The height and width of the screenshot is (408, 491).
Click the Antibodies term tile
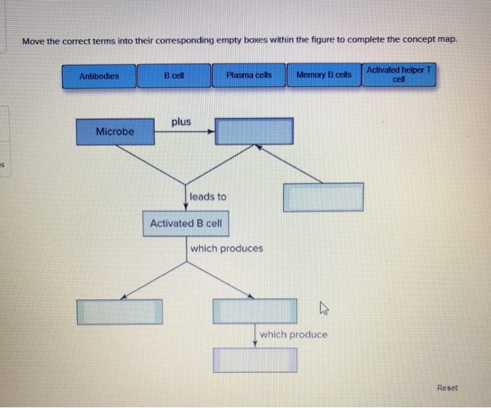tap(99, 76)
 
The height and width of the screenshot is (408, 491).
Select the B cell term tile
tap(174, 76)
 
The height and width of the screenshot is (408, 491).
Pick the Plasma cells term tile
tap(249, 76)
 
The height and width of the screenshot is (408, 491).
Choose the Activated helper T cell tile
tap(399, 74)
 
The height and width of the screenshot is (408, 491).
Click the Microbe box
tap(115, 131)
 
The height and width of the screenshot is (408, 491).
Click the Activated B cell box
tap(185, 223)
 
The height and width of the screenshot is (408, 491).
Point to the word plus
tap(181, 121)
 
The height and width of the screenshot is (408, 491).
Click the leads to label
tap(208, 197)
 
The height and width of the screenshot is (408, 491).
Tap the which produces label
tap(227, 248)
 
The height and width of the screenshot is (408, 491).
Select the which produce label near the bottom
tap(293, 334)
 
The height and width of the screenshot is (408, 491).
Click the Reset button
tap(447, 388)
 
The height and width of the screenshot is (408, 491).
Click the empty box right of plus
tap(254, 131)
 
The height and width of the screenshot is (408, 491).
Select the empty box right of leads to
tap(323, 197)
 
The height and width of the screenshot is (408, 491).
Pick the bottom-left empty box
tap(120, 312)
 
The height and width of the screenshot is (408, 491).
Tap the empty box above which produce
tap(255, 312)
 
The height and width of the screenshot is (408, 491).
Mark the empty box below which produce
tap(255, 360)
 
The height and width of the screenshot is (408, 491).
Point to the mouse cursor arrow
tap(323, 307)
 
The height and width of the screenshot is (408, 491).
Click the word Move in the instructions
tap(33, 41)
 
